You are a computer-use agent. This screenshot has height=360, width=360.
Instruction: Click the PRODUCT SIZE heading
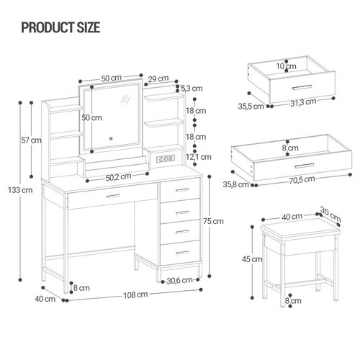click(x=60, y=28)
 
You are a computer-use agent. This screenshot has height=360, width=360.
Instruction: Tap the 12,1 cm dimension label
click(x=194, y=156)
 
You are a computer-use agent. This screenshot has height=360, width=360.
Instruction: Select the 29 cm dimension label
click(x=159, y=78)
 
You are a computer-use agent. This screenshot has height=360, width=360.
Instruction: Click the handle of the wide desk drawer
click(x=112, y=195)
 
